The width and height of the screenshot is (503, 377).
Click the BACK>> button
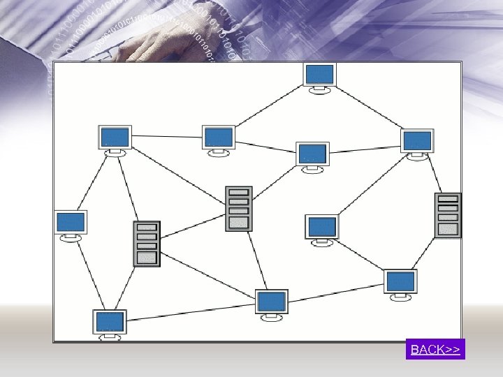tap(435, 349)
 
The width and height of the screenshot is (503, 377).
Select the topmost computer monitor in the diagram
tap(319, 74)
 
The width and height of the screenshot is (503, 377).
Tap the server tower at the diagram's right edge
tap(447, 215)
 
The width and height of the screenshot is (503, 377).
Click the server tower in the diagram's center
tap(238, 208)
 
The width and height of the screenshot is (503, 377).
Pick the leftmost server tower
tap(147, 244)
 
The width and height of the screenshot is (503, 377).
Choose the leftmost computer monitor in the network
tap(71, 223)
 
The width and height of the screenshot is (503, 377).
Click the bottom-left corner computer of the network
tap(110, 322)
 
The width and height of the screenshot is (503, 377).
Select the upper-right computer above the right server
tap(417, 140)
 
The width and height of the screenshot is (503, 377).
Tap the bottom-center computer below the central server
tap(271, 302)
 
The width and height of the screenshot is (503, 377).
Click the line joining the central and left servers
tap(194, 226)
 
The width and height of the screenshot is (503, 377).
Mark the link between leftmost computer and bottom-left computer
tap(89, 274)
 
